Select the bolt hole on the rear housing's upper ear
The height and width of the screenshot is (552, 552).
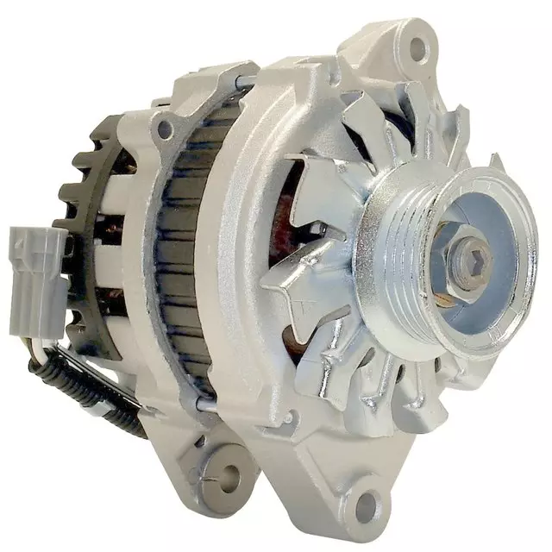pos(164,130)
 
